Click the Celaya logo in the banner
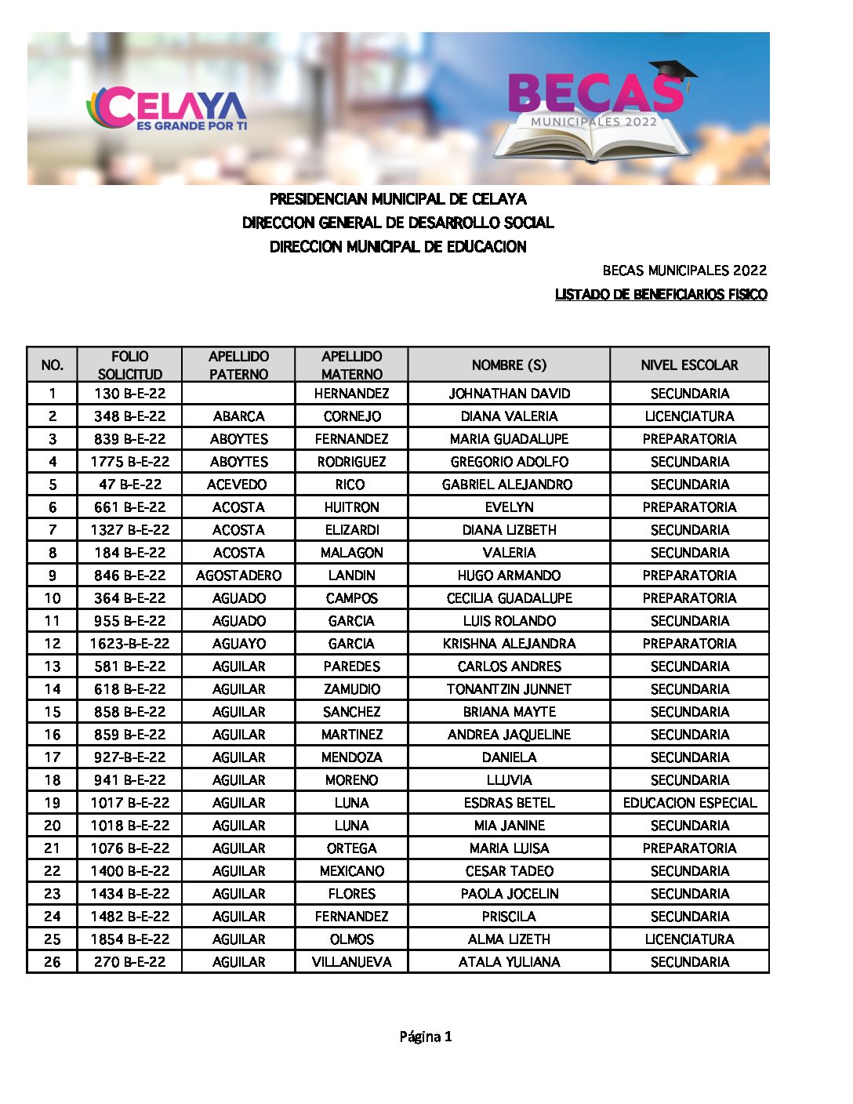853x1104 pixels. [166, 109]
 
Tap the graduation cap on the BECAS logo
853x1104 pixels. [673, 73]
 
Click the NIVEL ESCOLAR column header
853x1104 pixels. [689, 365]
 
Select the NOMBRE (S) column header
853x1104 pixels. [509, 365]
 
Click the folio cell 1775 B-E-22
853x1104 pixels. [129, 462]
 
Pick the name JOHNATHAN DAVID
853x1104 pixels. [509, 394]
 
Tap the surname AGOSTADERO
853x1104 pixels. [238, 576]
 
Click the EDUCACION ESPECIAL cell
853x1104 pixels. [689, 803]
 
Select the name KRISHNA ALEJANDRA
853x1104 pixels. [509, 644]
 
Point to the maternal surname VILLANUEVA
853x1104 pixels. [351, 962]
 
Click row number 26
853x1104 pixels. [53, 962]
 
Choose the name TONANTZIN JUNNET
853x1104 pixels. [509, 689]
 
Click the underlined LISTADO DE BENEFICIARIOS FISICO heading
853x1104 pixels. [661, 295]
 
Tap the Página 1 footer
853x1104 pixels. [426, 1037]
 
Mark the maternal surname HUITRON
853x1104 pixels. [351, 507]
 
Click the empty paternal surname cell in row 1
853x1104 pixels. [238, 394]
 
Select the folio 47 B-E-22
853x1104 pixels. [129, 485]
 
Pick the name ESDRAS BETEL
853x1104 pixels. [509, 803]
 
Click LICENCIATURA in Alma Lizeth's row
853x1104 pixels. [689, 939]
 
